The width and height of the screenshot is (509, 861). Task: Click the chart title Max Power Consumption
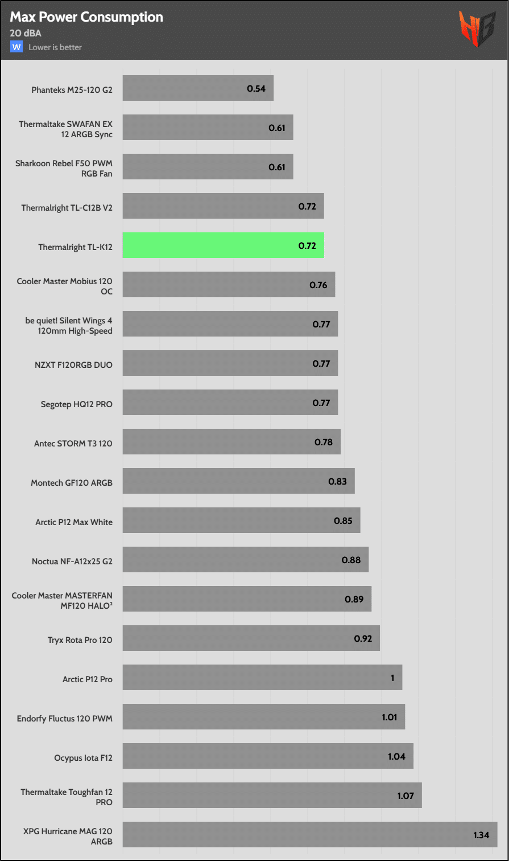point(86,17)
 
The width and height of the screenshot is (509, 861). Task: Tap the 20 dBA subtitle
point(26,33)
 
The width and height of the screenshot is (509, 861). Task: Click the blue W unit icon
point(16,47)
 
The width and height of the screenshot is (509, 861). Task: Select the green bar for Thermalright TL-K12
point(223,245)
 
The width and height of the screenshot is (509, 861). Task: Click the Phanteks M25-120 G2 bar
point(198,88)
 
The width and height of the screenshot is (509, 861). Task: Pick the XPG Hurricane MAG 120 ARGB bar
point(310,834)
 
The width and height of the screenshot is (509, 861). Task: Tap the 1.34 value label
point(481,835)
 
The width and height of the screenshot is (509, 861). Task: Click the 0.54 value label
point(256,89)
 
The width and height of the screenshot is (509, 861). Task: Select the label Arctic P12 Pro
point(88,679)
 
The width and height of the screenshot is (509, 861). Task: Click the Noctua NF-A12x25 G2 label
point(72,561)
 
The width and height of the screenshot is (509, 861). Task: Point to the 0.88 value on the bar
point(351,560)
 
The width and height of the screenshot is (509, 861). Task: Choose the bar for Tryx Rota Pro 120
point(251,638)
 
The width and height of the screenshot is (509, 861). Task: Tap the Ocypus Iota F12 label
point(84,758)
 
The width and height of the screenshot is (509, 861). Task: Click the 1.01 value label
point(390,717)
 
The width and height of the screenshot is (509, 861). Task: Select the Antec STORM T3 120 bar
point(231,442)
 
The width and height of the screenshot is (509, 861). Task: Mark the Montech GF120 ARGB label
point(72,483)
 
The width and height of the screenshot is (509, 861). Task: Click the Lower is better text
point(55,47)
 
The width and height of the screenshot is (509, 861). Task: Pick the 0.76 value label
point(318,285)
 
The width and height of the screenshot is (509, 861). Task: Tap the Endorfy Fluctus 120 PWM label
point(65,719)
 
